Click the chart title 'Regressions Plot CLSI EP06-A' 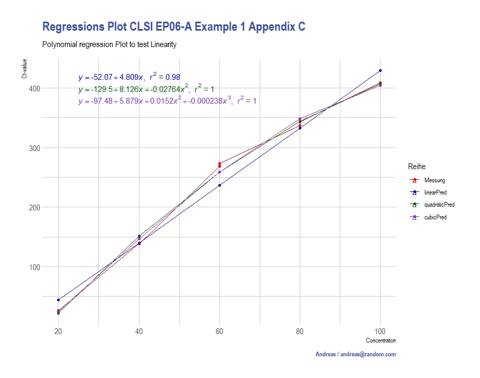pyautogui.click(x=173, y=27)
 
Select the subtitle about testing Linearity pyautogui.click(x=109, y=45)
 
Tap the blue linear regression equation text pyautogui.click(x=129, y=77)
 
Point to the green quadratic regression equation pyautogui.click(x=146, y=89)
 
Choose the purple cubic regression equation pyautogui.click(x=167, y=101)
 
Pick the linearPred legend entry pyautogui.click(x=436, y=193)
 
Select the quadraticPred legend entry pyautogui.click(x=439, y=205)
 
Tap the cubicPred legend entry pyautogui.click(x=436, y=217)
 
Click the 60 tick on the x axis pyautogui.click(x=219, y=331)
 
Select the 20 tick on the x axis pyautogui.click(x=59, y=331)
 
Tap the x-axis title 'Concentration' pyautogui.click(x=381, y=341)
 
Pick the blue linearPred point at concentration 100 pyautogui.click(x=380, y=71)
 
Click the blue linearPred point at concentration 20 pyautogui.click(x=59, y=300)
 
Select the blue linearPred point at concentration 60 pyautogui.click(x=219, y=185)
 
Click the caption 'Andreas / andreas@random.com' pyautogui.click(x=355, y=354)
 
